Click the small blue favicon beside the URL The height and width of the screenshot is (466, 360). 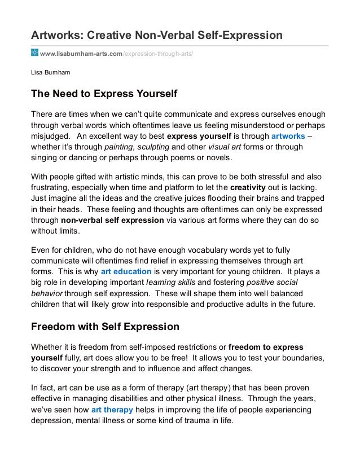(34, 52)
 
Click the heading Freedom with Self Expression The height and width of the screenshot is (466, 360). (105, 326)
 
